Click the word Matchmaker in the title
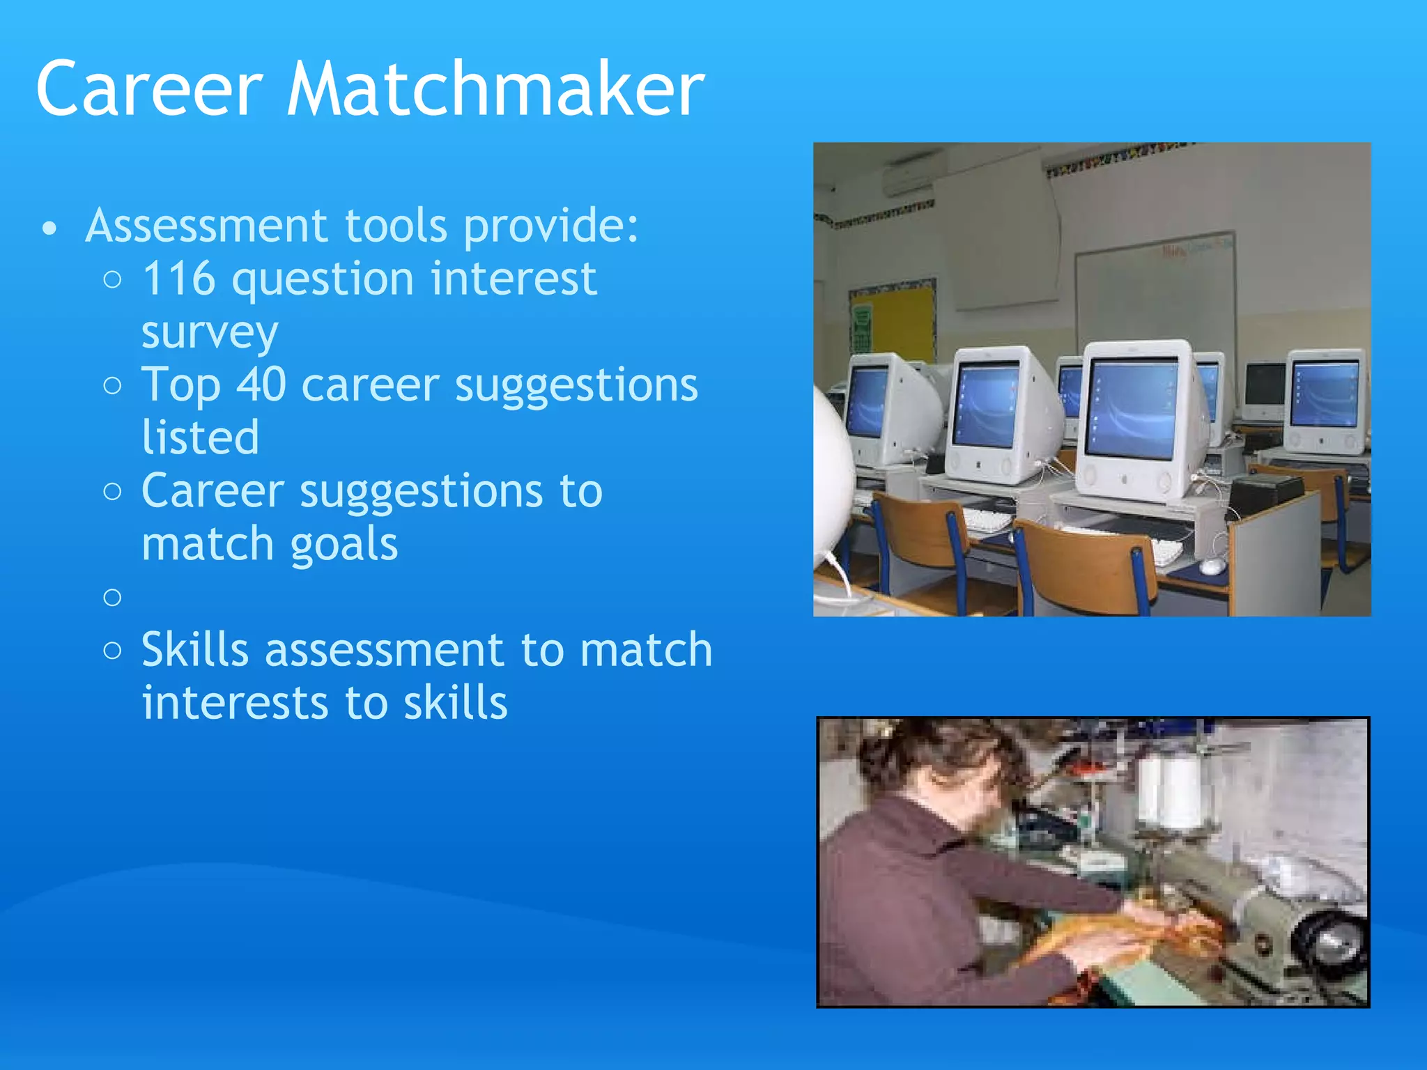(495, 89)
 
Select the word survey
(210, 333)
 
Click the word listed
(200, 437)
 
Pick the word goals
(344, 544)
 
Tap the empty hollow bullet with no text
(112, 597)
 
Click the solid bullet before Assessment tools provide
(49, 228)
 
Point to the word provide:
(550, 226)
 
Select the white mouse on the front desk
(1212, 566)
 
